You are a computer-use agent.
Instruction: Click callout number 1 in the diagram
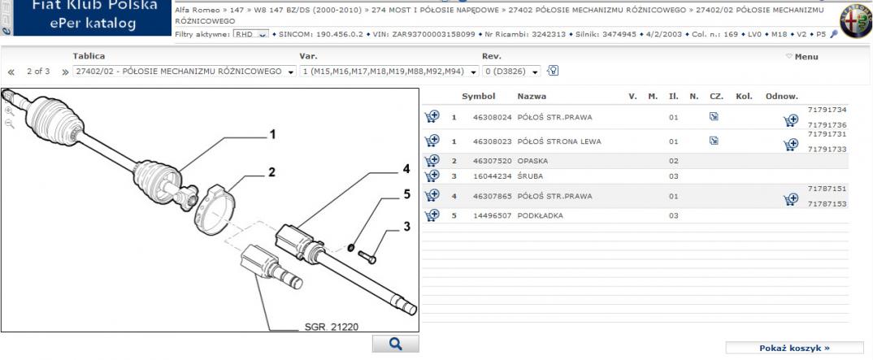pyautogui.click(x=273, y=135)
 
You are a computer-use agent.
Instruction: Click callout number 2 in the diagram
pyautogui.click(x=271, y=172)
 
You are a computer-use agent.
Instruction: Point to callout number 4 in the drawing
pyautogui.click(x=406, y=168)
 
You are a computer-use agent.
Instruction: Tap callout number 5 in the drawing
pyautogui.click(x=406, y=194)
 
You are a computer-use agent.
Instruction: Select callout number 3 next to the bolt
pyautogui.click(x=407, y=227)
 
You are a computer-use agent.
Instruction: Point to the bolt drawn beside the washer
pyautogui.click(x=367, y=257)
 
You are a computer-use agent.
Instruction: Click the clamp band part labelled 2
pyautogui.click(x=215, y=210)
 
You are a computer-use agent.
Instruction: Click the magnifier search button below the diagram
pyautogui.click(x=395, y=344)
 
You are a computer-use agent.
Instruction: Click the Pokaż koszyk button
pyautogui.click(x=794, y=349)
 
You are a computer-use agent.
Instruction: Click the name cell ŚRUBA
pyautogui.click(x=530, y=176)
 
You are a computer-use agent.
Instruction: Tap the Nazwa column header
pyautogui.click(x=532, y=96)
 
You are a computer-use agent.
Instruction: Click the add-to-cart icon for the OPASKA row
pyautogui.click(x=432, y=161)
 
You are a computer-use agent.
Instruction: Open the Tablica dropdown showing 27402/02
pyautogui.click(x=185, y=72)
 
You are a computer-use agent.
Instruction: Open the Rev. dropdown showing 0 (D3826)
pyautogui.click(x=511, y=72)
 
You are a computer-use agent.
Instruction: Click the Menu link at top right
pyautogui.click(x=802, y=57)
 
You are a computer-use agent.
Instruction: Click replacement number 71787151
pyautogui.click(x=827, y=189)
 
